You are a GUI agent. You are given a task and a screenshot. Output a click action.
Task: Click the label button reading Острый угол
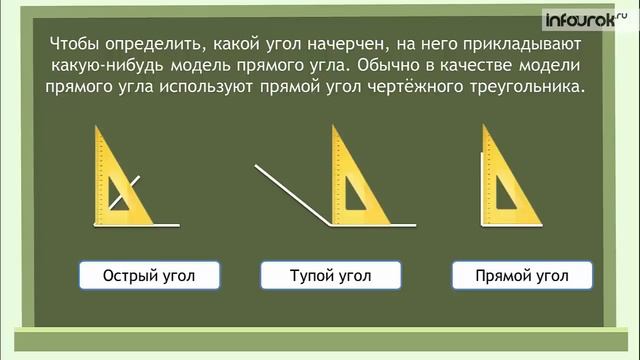tap(149, 275)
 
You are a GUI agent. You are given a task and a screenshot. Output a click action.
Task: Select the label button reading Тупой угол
tap(330, 275)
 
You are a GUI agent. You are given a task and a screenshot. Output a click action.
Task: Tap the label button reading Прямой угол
tap(522, 275)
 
